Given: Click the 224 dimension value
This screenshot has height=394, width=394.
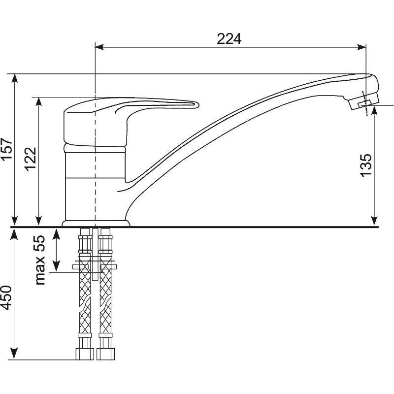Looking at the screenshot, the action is (x=229, y=39).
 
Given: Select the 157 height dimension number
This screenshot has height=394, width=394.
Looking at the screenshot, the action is (x=7, y=148).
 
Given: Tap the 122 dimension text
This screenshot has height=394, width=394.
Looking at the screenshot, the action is (x=31, y=159).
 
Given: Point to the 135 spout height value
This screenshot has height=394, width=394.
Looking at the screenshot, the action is (x=366, y=165).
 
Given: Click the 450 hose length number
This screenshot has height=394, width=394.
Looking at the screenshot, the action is (x=6, y=298).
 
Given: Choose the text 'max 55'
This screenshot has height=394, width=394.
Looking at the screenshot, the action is (x=40, y=260).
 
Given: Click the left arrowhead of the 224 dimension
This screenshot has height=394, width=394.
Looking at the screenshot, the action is (x=99, y=47).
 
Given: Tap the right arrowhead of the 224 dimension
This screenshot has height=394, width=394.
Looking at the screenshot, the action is (x=361, y=47).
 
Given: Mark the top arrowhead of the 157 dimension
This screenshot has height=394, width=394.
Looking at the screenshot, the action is (x=15, y=78).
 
